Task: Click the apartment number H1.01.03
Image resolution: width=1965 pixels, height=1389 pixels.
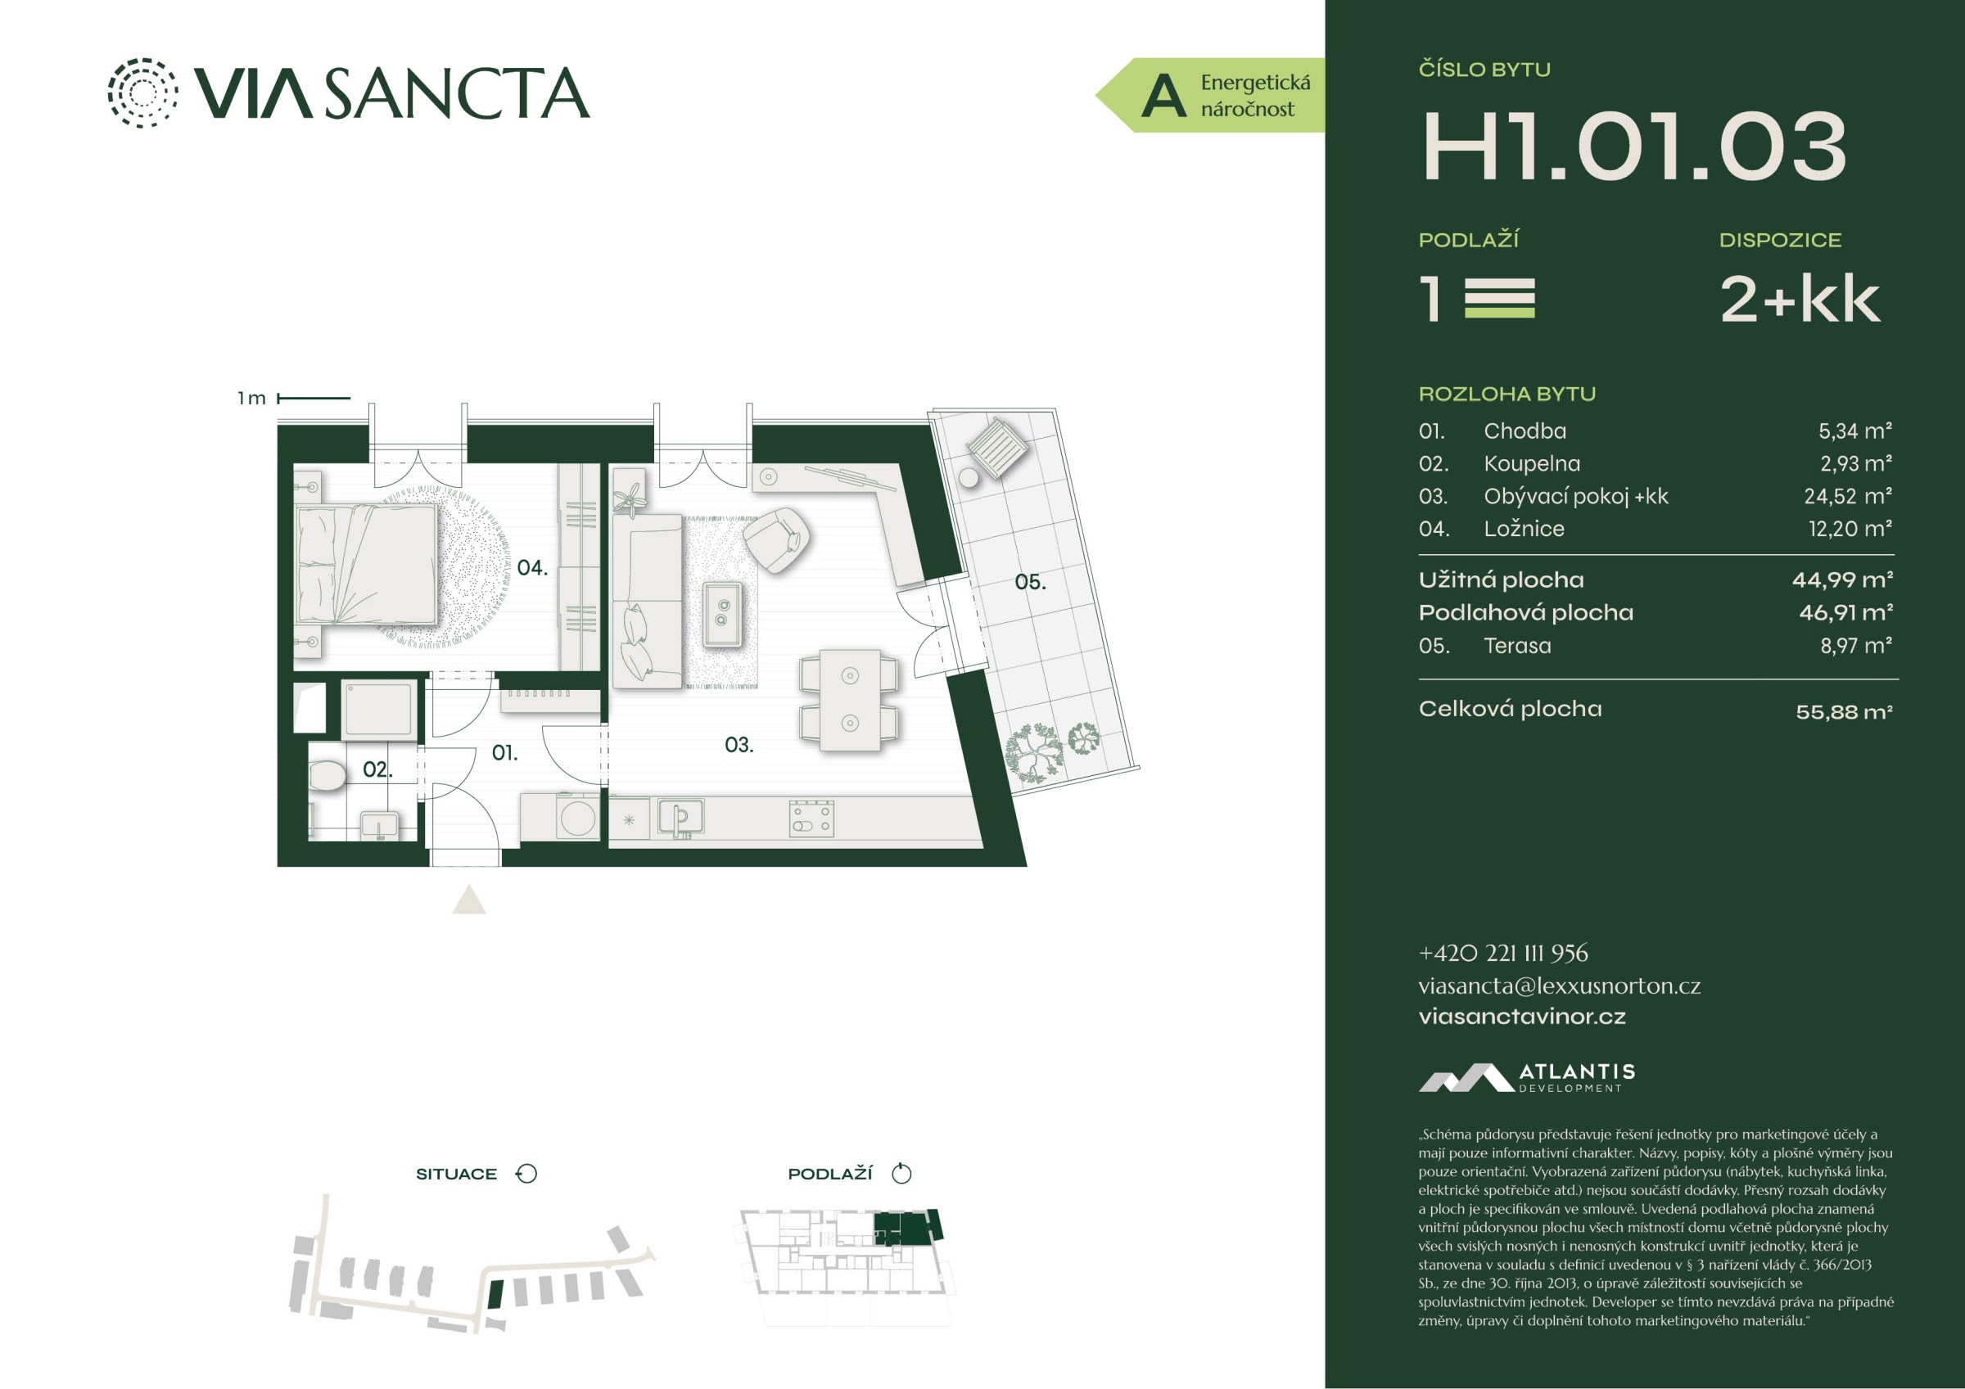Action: pyautogui.click(x=1633, y=147)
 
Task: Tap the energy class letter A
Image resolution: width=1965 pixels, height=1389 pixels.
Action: pyautogui.click(x=1164, y=96)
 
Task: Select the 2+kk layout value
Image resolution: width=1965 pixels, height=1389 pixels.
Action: pyautogui.click(x=1800, y=300)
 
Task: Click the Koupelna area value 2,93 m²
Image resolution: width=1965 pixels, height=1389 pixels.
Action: pyautogui.click(x=1855, y=464)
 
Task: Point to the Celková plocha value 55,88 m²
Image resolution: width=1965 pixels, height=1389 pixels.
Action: pyautogui.click(x=1844, y=711)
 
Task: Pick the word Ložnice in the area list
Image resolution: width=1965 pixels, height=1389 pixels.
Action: pyautogui.click(x=1524, y=529)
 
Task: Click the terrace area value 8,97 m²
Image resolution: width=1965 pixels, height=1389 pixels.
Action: pyautogui.click(x=1855, y=646)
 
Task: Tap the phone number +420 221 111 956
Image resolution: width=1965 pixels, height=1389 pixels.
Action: pyautogui.click(x=1503, y=954)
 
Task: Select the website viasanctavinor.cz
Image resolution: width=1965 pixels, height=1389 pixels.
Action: pyautogui.click(x=1522, y=1017)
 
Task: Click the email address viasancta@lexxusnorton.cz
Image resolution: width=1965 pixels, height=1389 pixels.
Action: pyautogui.click(x=1560, y=986)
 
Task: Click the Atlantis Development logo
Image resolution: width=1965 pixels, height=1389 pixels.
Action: pyautogui.click(x=1526, y=1077)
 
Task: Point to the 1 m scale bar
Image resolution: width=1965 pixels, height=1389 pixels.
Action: pyautogui.click(x=314, y=398)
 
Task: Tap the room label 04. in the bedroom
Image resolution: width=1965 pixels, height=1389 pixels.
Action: pyautogui.click(x=531, y=567)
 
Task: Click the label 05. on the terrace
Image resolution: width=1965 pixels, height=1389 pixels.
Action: pyautogui.click(x=1029, y=582)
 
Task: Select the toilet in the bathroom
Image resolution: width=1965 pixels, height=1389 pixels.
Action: pyautogui.click(x=327, y=775)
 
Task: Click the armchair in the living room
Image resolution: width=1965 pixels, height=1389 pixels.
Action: pyautogui.click(x=777, y=539)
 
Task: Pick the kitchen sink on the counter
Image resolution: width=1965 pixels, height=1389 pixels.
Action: pyautogui.click(x=680, y=818)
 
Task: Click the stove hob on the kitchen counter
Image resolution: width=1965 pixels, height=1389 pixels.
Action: pyautogui.click(x=811, y=819)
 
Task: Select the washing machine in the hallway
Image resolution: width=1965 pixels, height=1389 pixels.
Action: pyautogui.click(x=578, y=818)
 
